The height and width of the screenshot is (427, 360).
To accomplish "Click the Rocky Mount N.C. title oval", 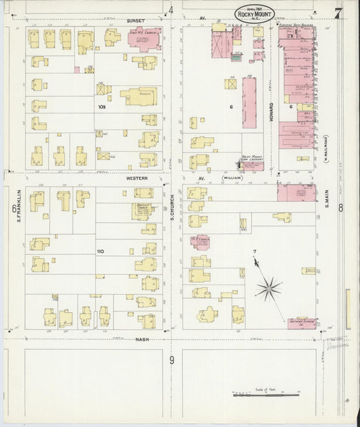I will (x=255, y=13).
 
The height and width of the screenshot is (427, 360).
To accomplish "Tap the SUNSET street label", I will (x=136, y=20).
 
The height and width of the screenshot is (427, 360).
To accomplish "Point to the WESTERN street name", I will (x=136, y=178).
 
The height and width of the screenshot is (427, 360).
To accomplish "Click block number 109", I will (x=102, y=107).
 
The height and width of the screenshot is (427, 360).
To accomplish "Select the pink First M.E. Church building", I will (x=144, y=39).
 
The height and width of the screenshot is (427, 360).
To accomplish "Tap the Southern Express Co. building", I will (x=303, y=323).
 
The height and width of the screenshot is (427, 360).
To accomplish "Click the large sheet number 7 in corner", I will (x=338, y=11).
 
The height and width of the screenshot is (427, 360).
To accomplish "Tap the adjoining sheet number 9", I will (x=172, y=360).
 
